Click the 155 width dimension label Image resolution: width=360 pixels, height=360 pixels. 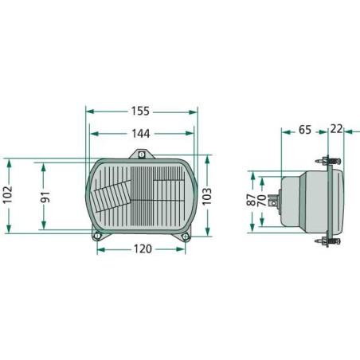[x=140, y=112]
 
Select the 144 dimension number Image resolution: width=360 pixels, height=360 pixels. [x=141, y=134]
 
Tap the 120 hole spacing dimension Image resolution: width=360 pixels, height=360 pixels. [x=143, y=249]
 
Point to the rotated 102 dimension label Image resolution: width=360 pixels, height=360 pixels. [x=8, y=195]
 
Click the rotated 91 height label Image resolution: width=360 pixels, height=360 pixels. [x=45, y=197]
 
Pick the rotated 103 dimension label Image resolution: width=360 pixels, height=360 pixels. [x=207, y=196]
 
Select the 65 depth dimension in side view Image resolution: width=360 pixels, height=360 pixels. [x=305, y=130]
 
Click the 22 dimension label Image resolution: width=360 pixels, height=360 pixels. [x=336, y=129]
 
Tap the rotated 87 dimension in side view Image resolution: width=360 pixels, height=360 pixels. [x=251, y=199]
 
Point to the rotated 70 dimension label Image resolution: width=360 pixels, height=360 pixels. [x=262, y=201]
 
